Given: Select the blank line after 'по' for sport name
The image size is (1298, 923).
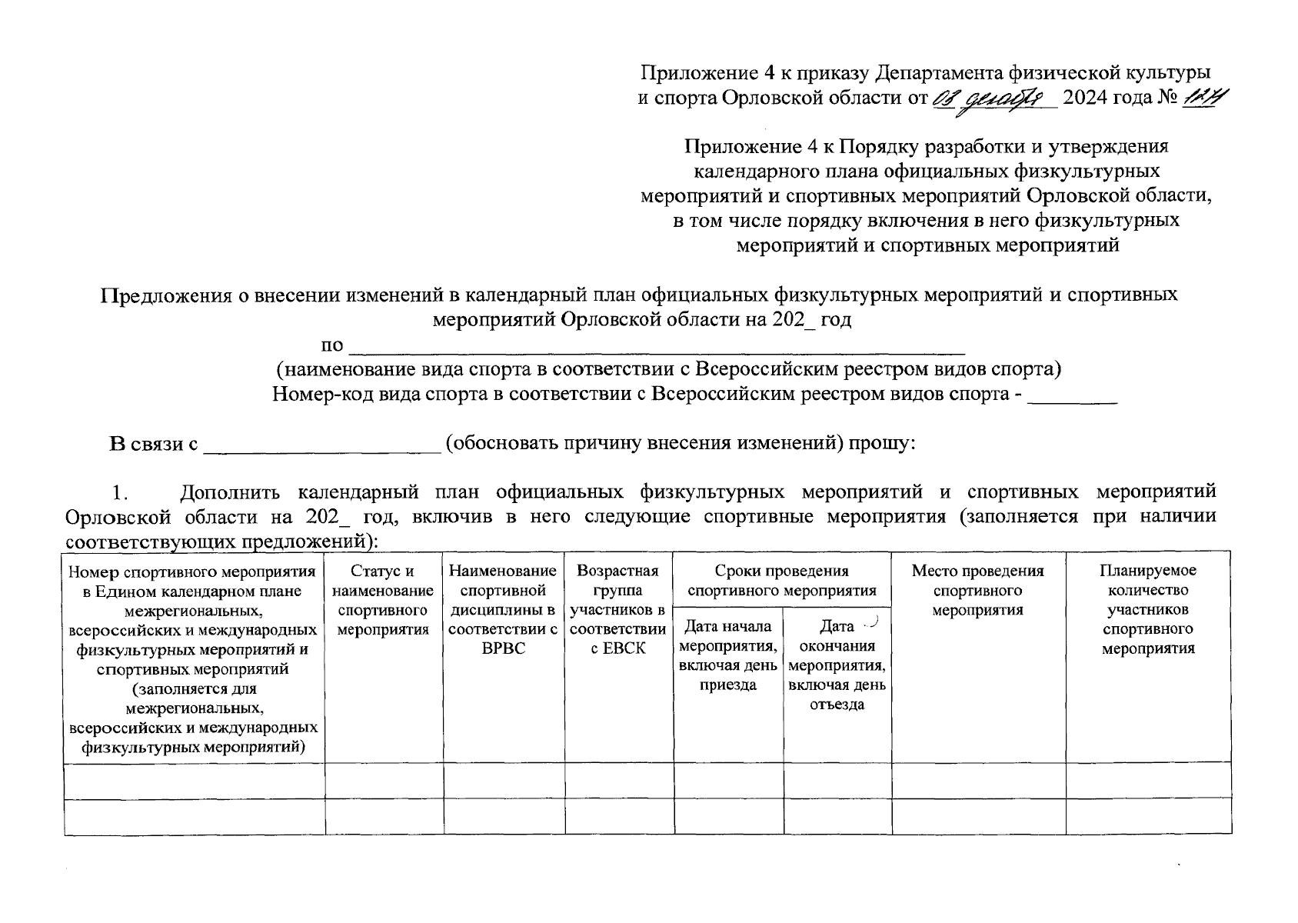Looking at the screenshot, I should [657, 344].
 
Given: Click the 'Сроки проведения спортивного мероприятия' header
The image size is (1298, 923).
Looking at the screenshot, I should [781, 581].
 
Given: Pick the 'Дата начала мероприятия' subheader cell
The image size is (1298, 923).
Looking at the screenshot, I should [728, 655].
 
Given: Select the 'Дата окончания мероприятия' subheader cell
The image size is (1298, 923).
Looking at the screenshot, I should [837, 665].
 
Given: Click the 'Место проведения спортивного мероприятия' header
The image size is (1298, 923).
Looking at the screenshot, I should [977, 590].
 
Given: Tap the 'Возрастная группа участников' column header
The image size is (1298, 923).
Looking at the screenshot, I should [618, 609].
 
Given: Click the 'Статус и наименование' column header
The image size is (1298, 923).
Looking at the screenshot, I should [383, 600].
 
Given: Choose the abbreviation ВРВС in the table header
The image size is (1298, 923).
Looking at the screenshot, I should [503, 649].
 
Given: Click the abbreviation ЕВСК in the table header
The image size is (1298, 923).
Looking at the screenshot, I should [618, 649].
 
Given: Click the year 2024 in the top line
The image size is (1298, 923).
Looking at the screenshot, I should [1090, 98].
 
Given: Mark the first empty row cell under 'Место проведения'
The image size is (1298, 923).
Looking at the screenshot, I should [977, 781].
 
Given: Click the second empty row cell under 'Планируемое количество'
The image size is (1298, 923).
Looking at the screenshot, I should [1147, 817].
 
